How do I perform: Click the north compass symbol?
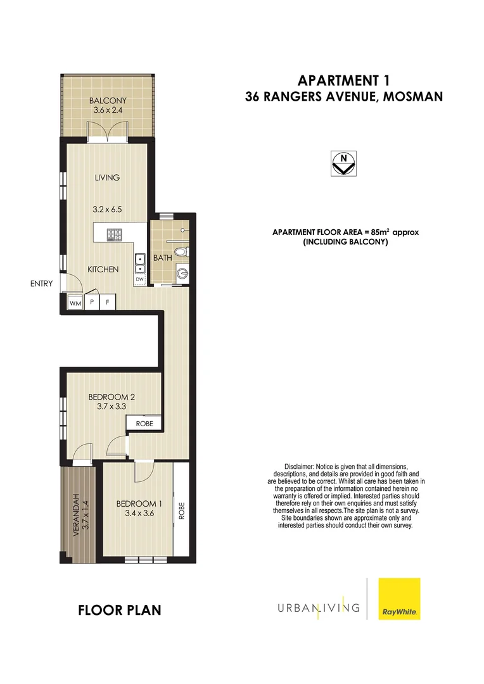click(x=344, y=163)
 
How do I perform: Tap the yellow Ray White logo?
click(x=399, y=598)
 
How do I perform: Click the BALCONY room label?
click(x=108, y=101)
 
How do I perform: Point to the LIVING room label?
click(x=107, y=177)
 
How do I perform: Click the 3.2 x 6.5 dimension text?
click(x=107, y=208)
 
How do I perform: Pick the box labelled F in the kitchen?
click(x=108, y=303)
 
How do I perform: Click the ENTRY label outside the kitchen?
click(x=41, y=284)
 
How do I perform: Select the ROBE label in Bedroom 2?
click(x=144, y=423)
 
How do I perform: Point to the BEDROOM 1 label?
click(x=139, y=504)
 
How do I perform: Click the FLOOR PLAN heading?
click(x=119, y=611)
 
